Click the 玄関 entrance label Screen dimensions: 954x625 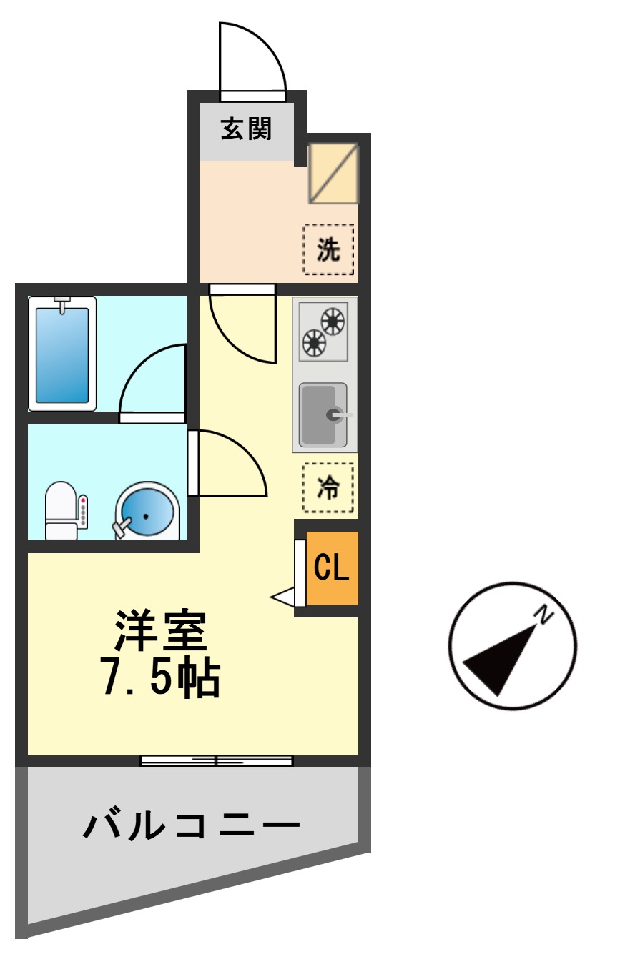coord(246,129)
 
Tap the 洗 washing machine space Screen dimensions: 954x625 coord(328,249)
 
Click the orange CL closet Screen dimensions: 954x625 coord(332,568)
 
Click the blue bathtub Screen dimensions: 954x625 coord(62,354)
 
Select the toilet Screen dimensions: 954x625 coord(61,510)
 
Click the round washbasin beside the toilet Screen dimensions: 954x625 coord(147,512)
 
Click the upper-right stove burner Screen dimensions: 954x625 coord(333,321)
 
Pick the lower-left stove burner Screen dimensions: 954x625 coord(314,343)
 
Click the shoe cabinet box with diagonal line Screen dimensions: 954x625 coord(333,174)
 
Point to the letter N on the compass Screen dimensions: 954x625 coord(545,614)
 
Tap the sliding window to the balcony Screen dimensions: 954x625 coord(217,760)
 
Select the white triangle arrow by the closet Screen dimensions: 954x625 coord(283,597)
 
